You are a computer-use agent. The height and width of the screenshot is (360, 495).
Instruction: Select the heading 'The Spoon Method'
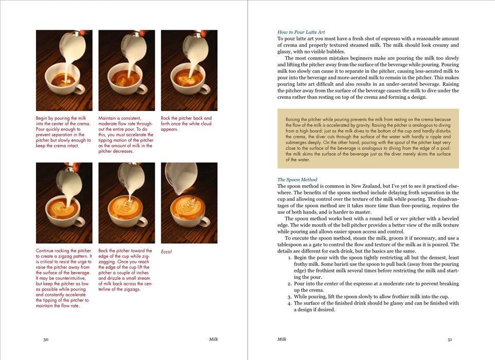[x=297, y=179]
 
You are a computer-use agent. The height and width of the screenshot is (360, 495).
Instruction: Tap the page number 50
[x=46, y=339]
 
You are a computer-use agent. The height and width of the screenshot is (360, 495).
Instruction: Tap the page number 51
[x=450, y=339]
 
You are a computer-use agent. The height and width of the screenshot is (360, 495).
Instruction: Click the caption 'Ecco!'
[x=166, y=251]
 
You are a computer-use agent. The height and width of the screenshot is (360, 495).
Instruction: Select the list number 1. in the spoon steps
[x=289, y=257]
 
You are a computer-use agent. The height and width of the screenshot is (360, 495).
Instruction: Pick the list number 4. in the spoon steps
[x=289, y=303]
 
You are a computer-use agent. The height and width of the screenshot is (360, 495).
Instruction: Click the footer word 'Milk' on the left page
[x=213, y=339]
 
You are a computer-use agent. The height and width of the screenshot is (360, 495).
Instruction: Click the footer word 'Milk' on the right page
[x=282, y=339]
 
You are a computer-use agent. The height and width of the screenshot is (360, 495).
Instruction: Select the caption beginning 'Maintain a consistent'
[x=126, y=135]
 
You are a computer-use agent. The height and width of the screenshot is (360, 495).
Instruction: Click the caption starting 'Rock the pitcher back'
[x=186, y=123]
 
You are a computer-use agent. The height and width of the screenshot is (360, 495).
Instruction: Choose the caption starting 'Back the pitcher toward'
[x=126, y=270]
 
